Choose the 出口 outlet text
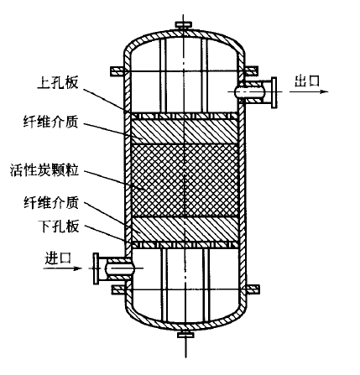(x=306, y=80)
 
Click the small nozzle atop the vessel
(x=184, y=27)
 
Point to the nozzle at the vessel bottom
(x=184, y=340)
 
